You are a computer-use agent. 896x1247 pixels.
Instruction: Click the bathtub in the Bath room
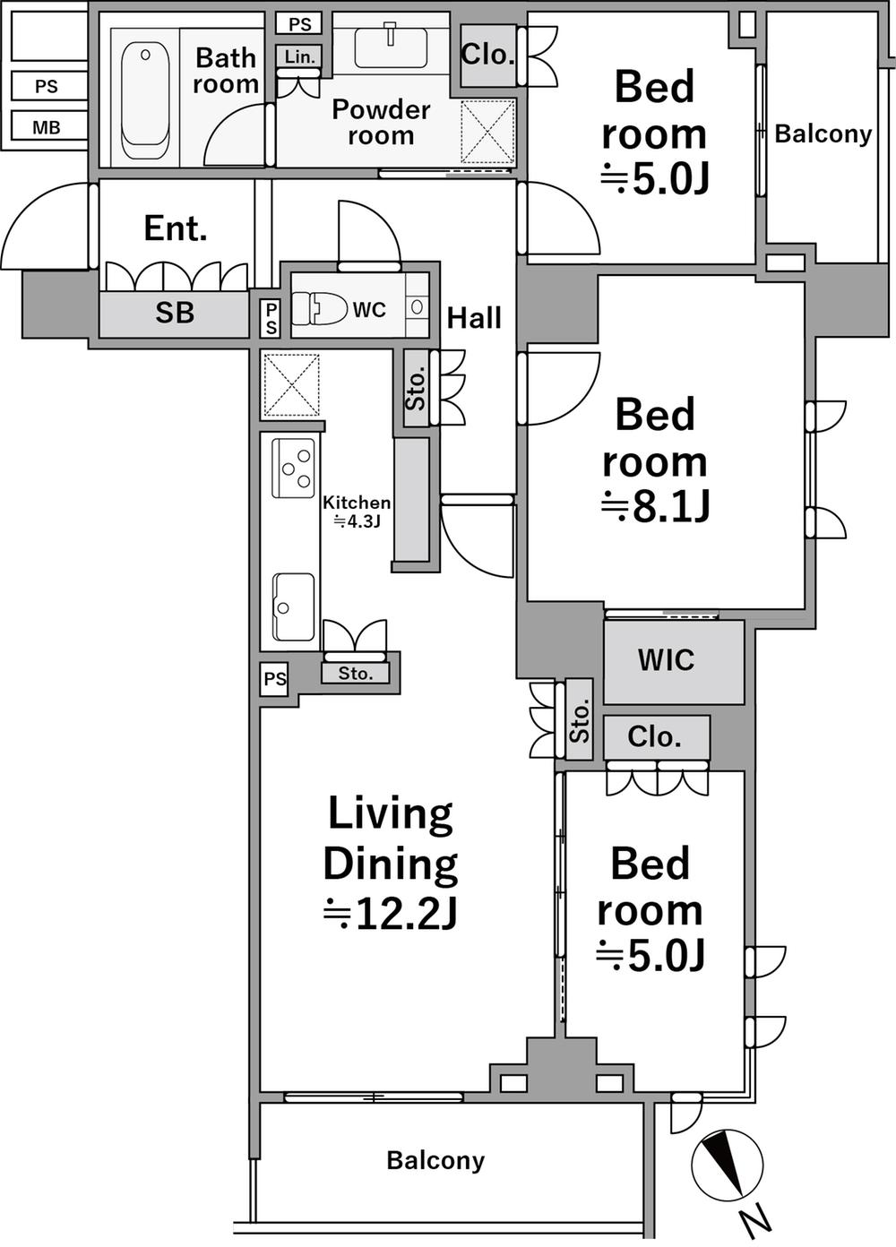point(145,102)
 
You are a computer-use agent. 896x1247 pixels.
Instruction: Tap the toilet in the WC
point(318,308)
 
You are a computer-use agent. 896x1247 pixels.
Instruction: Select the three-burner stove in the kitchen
point(294,467)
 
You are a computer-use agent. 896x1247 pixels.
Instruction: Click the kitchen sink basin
point(293,606)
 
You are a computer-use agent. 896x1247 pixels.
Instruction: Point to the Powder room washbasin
point(391,46)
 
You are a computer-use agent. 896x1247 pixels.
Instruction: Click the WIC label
point(666,659)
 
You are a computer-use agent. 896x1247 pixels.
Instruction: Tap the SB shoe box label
point(175,313)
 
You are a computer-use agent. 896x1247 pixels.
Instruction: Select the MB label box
point(47,127)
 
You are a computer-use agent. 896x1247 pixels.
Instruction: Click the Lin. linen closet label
point(299,56)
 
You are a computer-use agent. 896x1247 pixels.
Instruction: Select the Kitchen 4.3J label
point(357,511)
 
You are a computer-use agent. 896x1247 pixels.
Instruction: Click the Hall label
point(474,318)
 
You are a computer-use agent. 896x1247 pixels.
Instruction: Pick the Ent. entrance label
point(176,228)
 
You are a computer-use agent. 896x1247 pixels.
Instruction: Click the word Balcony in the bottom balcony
point(435,1160)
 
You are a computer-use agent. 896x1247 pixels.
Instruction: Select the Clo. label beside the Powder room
point(487,54)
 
